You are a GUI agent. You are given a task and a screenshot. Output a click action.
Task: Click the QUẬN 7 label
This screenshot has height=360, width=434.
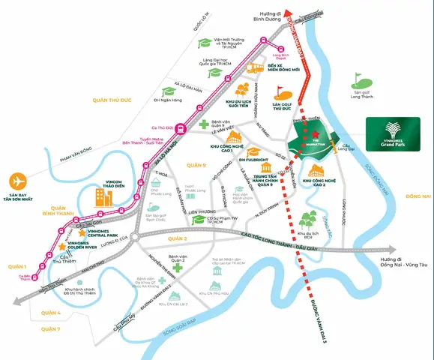click(49, 329)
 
